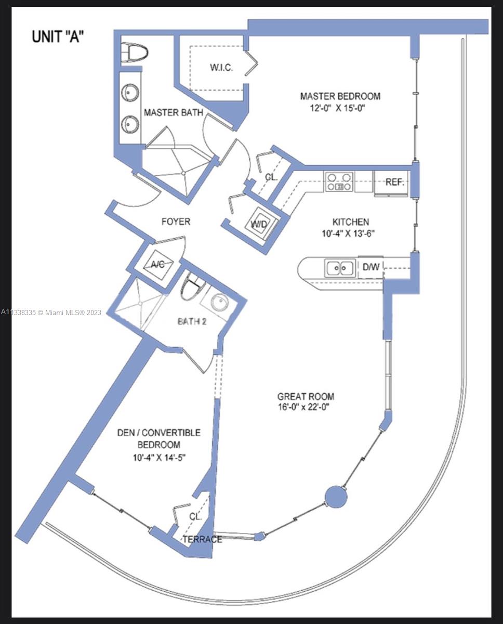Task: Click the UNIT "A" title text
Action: click(58, 37)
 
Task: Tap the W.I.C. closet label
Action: click(221, 68)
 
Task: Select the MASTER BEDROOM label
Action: click(340, 96)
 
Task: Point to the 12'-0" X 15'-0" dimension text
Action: click(337, 108)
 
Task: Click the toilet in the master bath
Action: click(134, 53)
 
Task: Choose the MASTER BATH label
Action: click(174, 112)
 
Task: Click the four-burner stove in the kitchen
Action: click(339, 181)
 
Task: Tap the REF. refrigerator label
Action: click(394, 182)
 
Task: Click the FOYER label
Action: click(176, 222)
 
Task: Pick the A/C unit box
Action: click(158, 264)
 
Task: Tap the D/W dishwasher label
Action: click(371, 267)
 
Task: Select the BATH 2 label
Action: click(192, 321)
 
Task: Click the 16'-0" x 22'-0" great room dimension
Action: click(303, 407)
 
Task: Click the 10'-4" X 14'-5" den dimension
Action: click(159, 458)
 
